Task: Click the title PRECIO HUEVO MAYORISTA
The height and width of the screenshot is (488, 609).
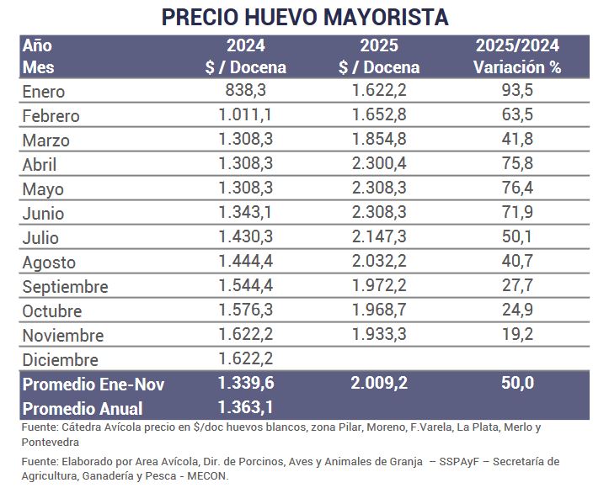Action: tap(304, 17)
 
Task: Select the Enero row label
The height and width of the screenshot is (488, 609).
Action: tap(43, 92)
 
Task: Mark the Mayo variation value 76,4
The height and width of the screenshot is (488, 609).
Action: tap(517, 189)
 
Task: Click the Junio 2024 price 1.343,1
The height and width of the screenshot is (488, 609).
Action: tap(245, 214)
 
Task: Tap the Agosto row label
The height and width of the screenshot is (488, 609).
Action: tap(49, 263)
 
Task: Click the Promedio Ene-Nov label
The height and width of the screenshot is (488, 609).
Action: tap(93, 385)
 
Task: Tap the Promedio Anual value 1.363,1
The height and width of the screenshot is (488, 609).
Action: tap(245, 408)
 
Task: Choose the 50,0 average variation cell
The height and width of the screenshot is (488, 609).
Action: tap(517, 385)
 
